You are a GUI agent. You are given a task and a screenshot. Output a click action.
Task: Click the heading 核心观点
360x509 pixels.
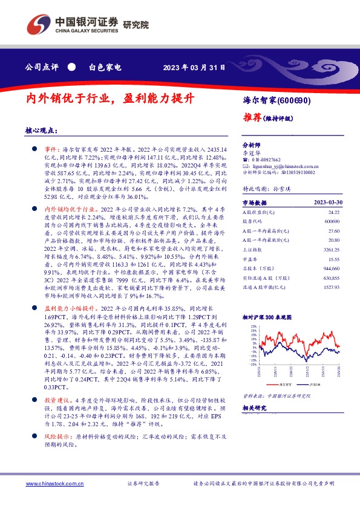pos(41,130)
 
